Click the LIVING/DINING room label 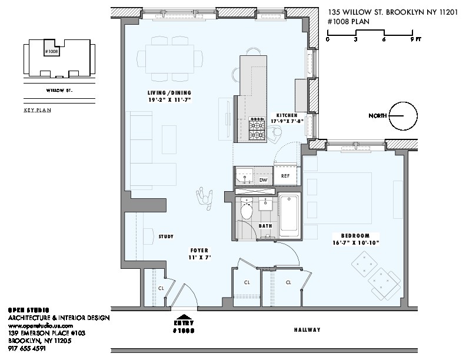click(x=169, y=93)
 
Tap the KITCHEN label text click(x=287, y=115)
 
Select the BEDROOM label click(x=355, y=236)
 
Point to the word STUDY click(x=166, y=236)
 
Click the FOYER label click(x=199, y=251)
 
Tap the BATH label click(x=265, y=226)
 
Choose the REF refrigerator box click(x=285, y=176)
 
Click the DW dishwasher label click(x=264, y=180)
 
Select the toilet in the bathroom click(x=246, y=208)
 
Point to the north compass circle click(x=403, y=116)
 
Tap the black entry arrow click(x=184, y=317)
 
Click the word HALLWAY click(x=307, y=329)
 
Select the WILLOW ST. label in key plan click(x=59, y=91)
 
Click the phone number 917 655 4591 click(x=27, y=348)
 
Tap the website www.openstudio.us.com click(x=41, y=325)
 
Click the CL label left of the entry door click(x=161, y=288)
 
